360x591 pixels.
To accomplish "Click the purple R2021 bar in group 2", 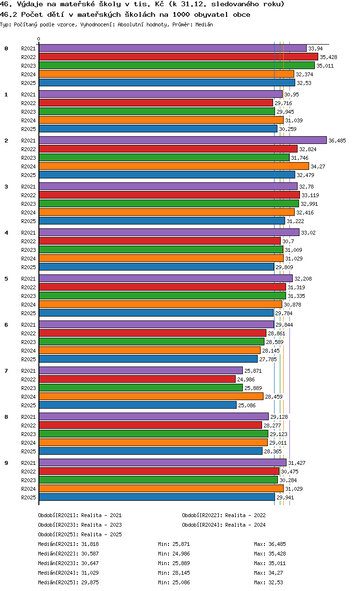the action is click(x=182, y=140).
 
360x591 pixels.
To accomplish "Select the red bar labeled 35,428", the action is click(x=179, y=57).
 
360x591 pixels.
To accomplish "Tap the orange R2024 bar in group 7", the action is click(x=151, y=396).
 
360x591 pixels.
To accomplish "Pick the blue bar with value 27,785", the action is click(x=148, y=359).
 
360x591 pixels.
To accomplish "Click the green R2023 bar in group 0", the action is click(x=177, y=65).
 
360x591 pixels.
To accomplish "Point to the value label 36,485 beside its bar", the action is click(x=337, y=141).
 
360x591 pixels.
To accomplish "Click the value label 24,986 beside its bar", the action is click(x=246, y=379).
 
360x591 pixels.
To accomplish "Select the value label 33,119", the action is click(x=310, y=195).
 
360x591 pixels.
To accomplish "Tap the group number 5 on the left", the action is click(x=6, y=279).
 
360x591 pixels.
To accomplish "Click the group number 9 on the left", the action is click(x=6, y=463).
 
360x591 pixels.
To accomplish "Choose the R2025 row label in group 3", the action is click(x=28, y=221).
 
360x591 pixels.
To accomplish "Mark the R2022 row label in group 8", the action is click(x=28, y=426).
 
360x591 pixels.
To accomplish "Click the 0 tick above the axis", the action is click(x=38, y=39).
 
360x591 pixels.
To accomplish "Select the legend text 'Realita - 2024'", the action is click(x=245, y=525).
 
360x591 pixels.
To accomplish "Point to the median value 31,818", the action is click(x=90, y=544).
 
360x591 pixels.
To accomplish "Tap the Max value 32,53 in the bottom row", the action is click(x=276, y=582).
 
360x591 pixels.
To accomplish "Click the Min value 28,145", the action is click(x=181, y=573).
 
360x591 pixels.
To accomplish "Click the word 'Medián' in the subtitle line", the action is click(x=204, y=24).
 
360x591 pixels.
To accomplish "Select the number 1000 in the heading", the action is click(x=181, y=14).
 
